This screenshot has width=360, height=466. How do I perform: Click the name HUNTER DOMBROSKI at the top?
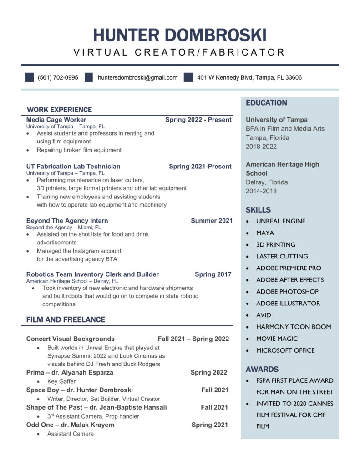tap(180, 35)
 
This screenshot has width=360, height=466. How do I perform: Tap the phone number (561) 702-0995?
tap(58, 77)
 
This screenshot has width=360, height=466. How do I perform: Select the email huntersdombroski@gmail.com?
tap(137, 77)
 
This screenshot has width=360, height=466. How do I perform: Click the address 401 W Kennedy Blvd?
tap(249, 77)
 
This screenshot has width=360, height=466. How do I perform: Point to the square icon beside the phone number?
tap(30, 77)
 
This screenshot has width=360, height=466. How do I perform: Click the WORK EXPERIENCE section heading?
tap(59, 110)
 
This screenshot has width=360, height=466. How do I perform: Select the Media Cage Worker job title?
tap(56, 120)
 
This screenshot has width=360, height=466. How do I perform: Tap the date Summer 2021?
tap(212, 221)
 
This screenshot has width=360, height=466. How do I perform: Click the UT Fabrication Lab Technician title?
tap(73, 167)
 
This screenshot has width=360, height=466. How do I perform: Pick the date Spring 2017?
tap(213, 274)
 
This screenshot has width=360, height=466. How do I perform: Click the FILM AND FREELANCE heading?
tap(66, 319)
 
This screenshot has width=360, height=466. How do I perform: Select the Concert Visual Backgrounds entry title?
tap(71, 339)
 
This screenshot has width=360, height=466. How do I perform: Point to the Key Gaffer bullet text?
tap(61, 381)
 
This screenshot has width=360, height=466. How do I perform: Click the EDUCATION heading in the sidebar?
tap(267, 103)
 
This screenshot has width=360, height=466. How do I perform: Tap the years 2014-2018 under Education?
tap(261, 191)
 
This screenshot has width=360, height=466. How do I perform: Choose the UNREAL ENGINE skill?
tap(281, 221)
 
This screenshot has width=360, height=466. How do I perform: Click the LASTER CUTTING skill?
tap(282, 256)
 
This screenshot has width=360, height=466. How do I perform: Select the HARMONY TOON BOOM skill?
tap(294, 327)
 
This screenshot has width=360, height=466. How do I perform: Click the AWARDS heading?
tap(262, 369)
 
